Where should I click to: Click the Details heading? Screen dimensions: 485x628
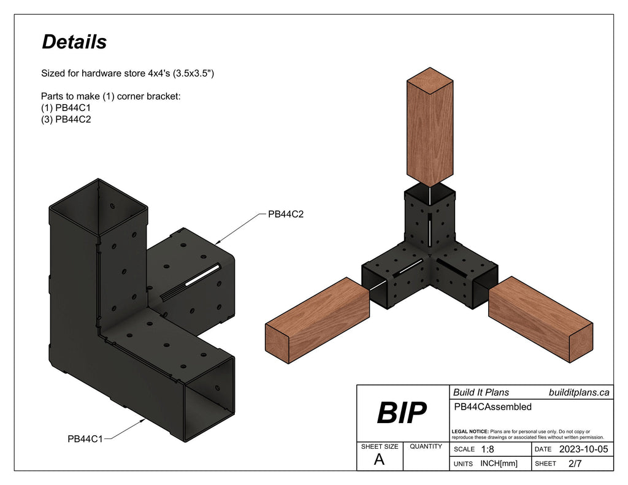tap(74, 42)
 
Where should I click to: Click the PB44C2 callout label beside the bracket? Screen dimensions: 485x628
tap(286, 215)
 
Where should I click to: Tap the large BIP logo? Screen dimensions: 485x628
tap(401, 414)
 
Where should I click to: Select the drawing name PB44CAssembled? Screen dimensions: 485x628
tap(492, 407)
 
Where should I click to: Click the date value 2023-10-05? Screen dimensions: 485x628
tap(584, 449)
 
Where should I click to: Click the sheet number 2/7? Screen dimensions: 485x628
tap(575, 464)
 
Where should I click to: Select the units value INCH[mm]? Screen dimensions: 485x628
tap(499, 464)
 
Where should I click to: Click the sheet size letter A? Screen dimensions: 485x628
tap(379, 460)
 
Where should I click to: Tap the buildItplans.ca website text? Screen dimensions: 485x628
tap(578, 392)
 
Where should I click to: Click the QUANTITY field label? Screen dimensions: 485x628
tap(425, 446)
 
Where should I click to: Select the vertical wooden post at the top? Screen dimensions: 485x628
tap(430, 126)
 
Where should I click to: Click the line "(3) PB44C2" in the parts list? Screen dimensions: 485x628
tap(66, 120)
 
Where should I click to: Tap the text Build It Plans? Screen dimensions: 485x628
tap(481, 392)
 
